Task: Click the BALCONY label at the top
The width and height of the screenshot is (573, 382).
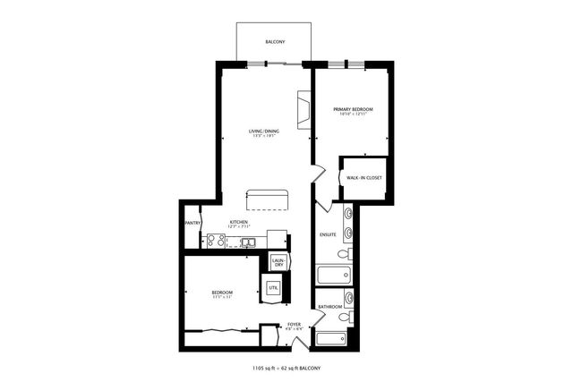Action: (x=275, y=42)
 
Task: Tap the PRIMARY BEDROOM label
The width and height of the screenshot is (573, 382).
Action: (x=353, y=109)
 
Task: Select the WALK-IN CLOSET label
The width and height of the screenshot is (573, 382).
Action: (x=364, y=178)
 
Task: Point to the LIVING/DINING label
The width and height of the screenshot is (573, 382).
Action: (x=264, y=132)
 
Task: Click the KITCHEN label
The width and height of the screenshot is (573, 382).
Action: (x=238, y=222)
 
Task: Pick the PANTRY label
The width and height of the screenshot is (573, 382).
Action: (x=192, y=223)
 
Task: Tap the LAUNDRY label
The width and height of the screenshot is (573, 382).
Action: (x=279, y=262)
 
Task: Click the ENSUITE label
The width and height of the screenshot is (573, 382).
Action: (x=328, y=234)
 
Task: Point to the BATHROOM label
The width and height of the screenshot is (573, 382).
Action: (x=330, y=307)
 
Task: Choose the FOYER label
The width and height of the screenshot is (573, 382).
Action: (x=295, y=324)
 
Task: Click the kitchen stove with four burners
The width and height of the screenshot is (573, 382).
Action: (x=216, y=240)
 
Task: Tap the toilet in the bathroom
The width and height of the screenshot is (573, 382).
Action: (x=348, y=316)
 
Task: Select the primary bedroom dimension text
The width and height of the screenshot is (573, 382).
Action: (x=353, y=115)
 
